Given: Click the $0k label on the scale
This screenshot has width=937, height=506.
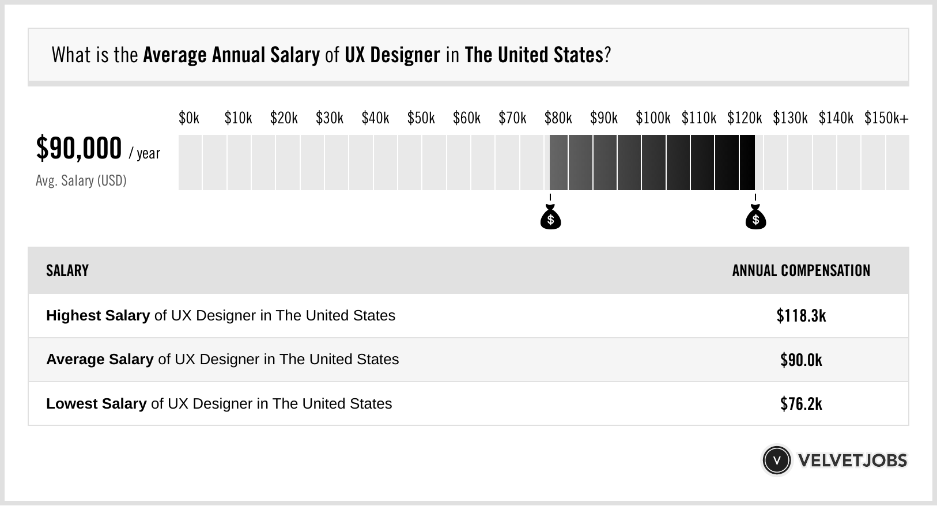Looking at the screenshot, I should (189, 118).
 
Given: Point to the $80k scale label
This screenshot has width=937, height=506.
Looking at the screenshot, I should (558, 118).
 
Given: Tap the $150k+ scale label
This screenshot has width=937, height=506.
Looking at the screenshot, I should (886, 118).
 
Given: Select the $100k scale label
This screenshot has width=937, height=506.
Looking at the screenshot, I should (653, 118).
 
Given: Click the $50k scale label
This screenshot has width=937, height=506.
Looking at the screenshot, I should (421, 118).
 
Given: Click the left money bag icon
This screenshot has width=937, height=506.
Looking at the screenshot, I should (550, 217).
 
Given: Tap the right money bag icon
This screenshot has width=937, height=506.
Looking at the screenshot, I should (755, 217).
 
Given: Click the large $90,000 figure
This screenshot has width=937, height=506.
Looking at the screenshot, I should (79, 149).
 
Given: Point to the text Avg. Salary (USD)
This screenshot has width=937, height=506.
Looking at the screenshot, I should (81, 181).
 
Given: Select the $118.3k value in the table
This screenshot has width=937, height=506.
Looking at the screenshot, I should (801, 316).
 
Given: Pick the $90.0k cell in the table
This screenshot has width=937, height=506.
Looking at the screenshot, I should (801, 360).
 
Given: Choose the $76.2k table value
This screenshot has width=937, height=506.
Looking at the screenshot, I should (801, 403).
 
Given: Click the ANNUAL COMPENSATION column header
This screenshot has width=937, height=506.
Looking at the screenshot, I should (801, 271).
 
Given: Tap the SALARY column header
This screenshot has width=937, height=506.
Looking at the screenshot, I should (67, 271).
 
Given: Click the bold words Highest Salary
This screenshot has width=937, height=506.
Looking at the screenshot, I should (98, 316).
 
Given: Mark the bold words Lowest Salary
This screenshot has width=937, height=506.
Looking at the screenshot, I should (96, 403).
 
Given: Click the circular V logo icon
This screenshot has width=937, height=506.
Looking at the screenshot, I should (776, 460).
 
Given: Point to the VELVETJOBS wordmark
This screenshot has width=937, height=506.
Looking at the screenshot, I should (852, 460).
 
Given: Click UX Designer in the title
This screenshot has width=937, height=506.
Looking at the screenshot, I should (392, 55).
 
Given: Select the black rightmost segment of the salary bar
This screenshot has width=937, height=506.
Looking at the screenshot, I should (747, 163).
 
